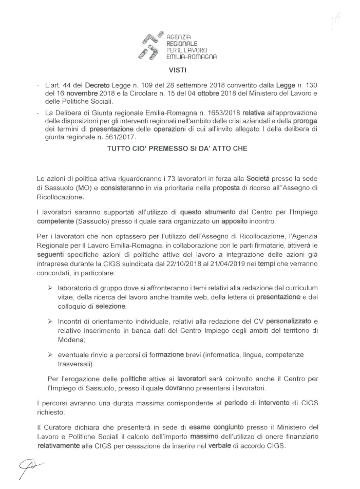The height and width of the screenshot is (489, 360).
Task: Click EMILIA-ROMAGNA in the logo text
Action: tap(187, 58)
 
